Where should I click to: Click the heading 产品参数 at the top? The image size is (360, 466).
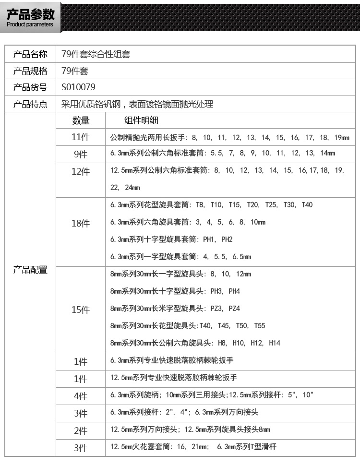(x=30, y=13)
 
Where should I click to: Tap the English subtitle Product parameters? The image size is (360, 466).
(x=30, y=24)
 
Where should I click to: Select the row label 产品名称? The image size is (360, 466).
(x=30, y=54)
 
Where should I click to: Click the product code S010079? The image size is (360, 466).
(x=79, y=87)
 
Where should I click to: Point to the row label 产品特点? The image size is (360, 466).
(x=30, y=104)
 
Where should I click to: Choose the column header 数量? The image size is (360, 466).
(x=81, y=120)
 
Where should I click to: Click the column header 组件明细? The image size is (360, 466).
(x=141, y=120)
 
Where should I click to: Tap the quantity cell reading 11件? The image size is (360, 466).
(x=81, y=137)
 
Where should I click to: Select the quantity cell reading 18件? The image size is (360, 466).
(x=81, y=223)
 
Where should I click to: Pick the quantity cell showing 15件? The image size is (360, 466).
(x=81, y=310)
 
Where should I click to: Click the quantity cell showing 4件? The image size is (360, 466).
(x=81, y=396)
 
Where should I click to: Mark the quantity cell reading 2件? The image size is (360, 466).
(x=81, y=430)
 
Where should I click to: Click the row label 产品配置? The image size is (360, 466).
(x=30, y=270)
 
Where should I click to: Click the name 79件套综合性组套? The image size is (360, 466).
(x=96, y=54)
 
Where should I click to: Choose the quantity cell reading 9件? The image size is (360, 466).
(x=81, y=155)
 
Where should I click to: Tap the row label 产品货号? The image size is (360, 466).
(x=30, y=87)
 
